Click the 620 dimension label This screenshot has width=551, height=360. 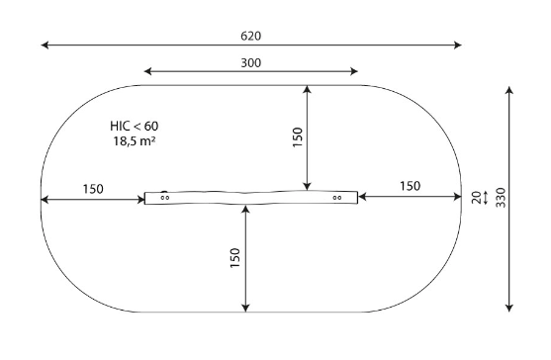(x=251, y=36)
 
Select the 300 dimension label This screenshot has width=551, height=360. (x=251, y=63)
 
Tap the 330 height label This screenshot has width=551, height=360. (x=501, y=198)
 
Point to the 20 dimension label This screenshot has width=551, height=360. (x=477, y=198)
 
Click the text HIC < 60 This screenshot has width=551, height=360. (x=135, y=126)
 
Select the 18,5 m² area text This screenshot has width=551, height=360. (x=135, y=140)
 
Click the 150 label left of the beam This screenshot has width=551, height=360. (x=93, y=189)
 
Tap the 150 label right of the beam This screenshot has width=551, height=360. (x=411, y=186)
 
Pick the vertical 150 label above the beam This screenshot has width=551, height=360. (x=298, y=137)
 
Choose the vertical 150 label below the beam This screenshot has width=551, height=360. (x=234, y=258)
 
